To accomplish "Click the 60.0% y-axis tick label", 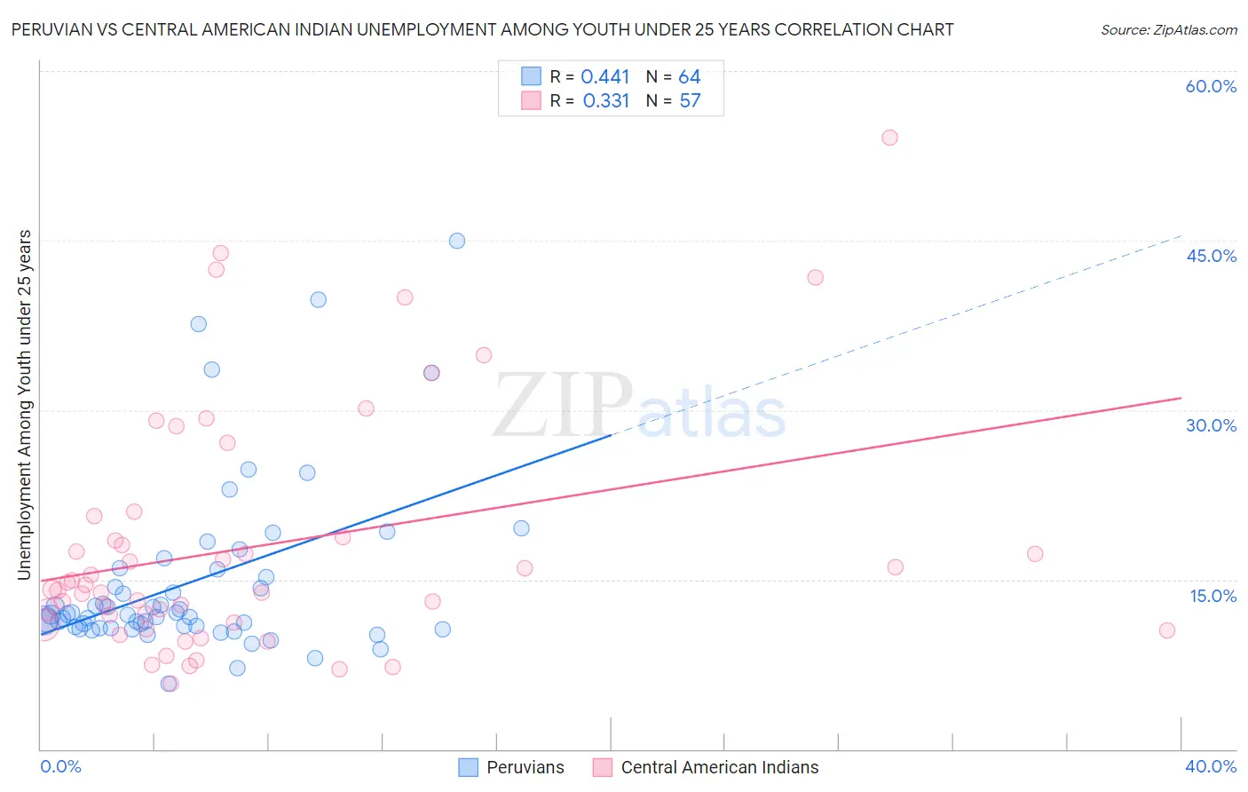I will [x=1211, y=86].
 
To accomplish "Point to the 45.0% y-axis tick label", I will [x=1211, y=256].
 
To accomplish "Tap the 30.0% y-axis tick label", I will [x=1211, y=425].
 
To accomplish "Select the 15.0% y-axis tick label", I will [x=1212, y=596].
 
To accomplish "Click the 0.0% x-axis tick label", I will [x=60, y=766].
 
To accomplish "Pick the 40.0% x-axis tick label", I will [x=1211, y=766].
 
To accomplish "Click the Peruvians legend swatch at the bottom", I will [x=468, y=767].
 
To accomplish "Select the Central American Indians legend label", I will [x=719, y=767].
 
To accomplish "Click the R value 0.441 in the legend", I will [x=604, y=77].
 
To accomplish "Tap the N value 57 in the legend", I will [x=690, y=101].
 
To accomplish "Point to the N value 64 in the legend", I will [x=690, y=77].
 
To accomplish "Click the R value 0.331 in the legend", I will [x=605, y=101].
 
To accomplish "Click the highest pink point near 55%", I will [x=889, y=138].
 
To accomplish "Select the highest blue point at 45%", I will [x=457, y=241].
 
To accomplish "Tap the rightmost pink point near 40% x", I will [x=1167, y=630].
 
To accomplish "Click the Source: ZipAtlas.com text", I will [x=1168, y=30].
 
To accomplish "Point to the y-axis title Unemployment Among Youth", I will [x=24, y=405].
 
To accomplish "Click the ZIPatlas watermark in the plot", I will [x=639, y=408].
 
